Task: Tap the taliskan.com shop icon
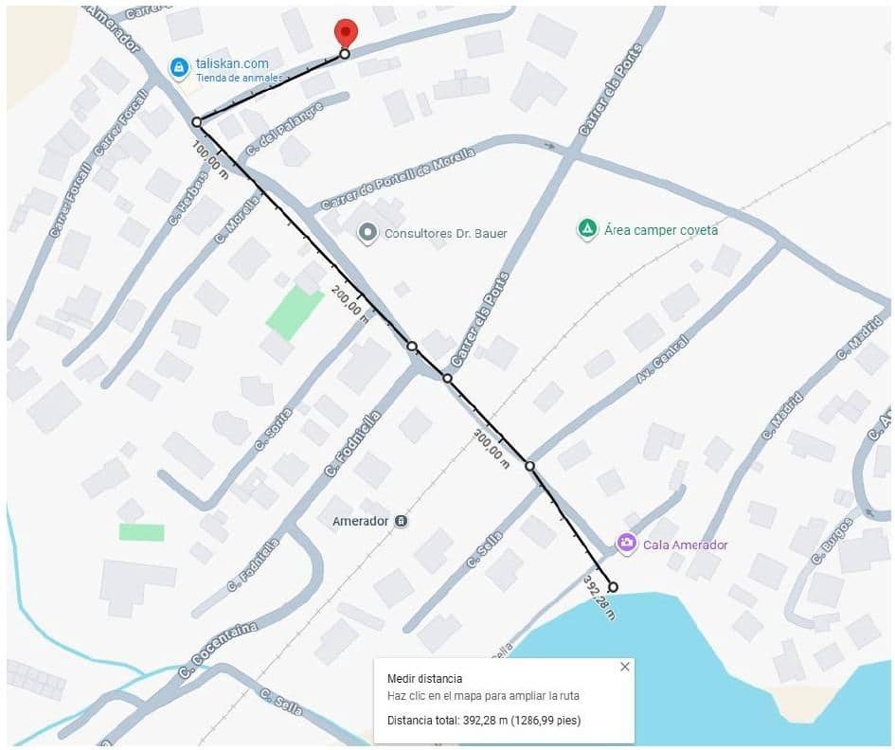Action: tap(178, 66)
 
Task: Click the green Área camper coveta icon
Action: tap(587, 229)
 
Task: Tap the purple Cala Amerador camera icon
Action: tap(626, 544)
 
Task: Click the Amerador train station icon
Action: tap(402, 521)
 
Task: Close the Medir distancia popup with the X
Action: tap(624, 667)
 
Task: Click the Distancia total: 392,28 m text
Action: tap(483, 721)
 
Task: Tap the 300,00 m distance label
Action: tap(491, 445)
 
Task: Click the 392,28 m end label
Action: tap(599, 597)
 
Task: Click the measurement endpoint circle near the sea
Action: tap(613, 587)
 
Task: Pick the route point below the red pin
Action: tap(345, 54)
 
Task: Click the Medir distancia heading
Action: tap(424, 678)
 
